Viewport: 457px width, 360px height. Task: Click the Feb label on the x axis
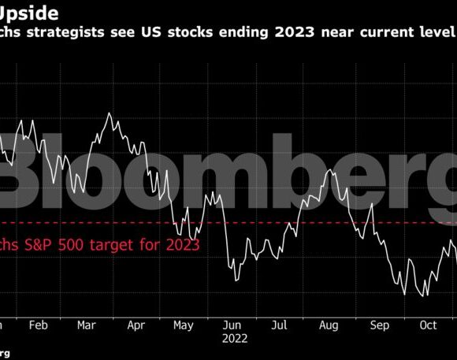(x=39, y=324)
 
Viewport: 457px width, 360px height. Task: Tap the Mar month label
(x=87, y=324)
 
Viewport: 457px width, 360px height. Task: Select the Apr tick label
(x=136, y=324)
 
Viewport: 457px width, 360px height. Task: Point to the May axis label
(x=184, y=324)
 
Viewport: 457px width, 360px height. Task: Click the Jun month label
(x=232, y=324)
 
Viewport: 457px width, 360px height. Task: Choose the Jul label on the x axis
(x=280, y=324)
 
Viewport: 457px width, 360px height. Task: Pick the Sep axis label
(x=379, y=324)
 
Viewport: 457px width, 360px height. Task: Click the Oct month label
(x=427, y=324)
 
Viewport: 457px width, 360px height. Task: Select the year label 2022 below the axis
(x=234, y=339)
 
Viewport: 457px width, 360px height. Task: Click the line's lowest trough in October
(x=425, y=295)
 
